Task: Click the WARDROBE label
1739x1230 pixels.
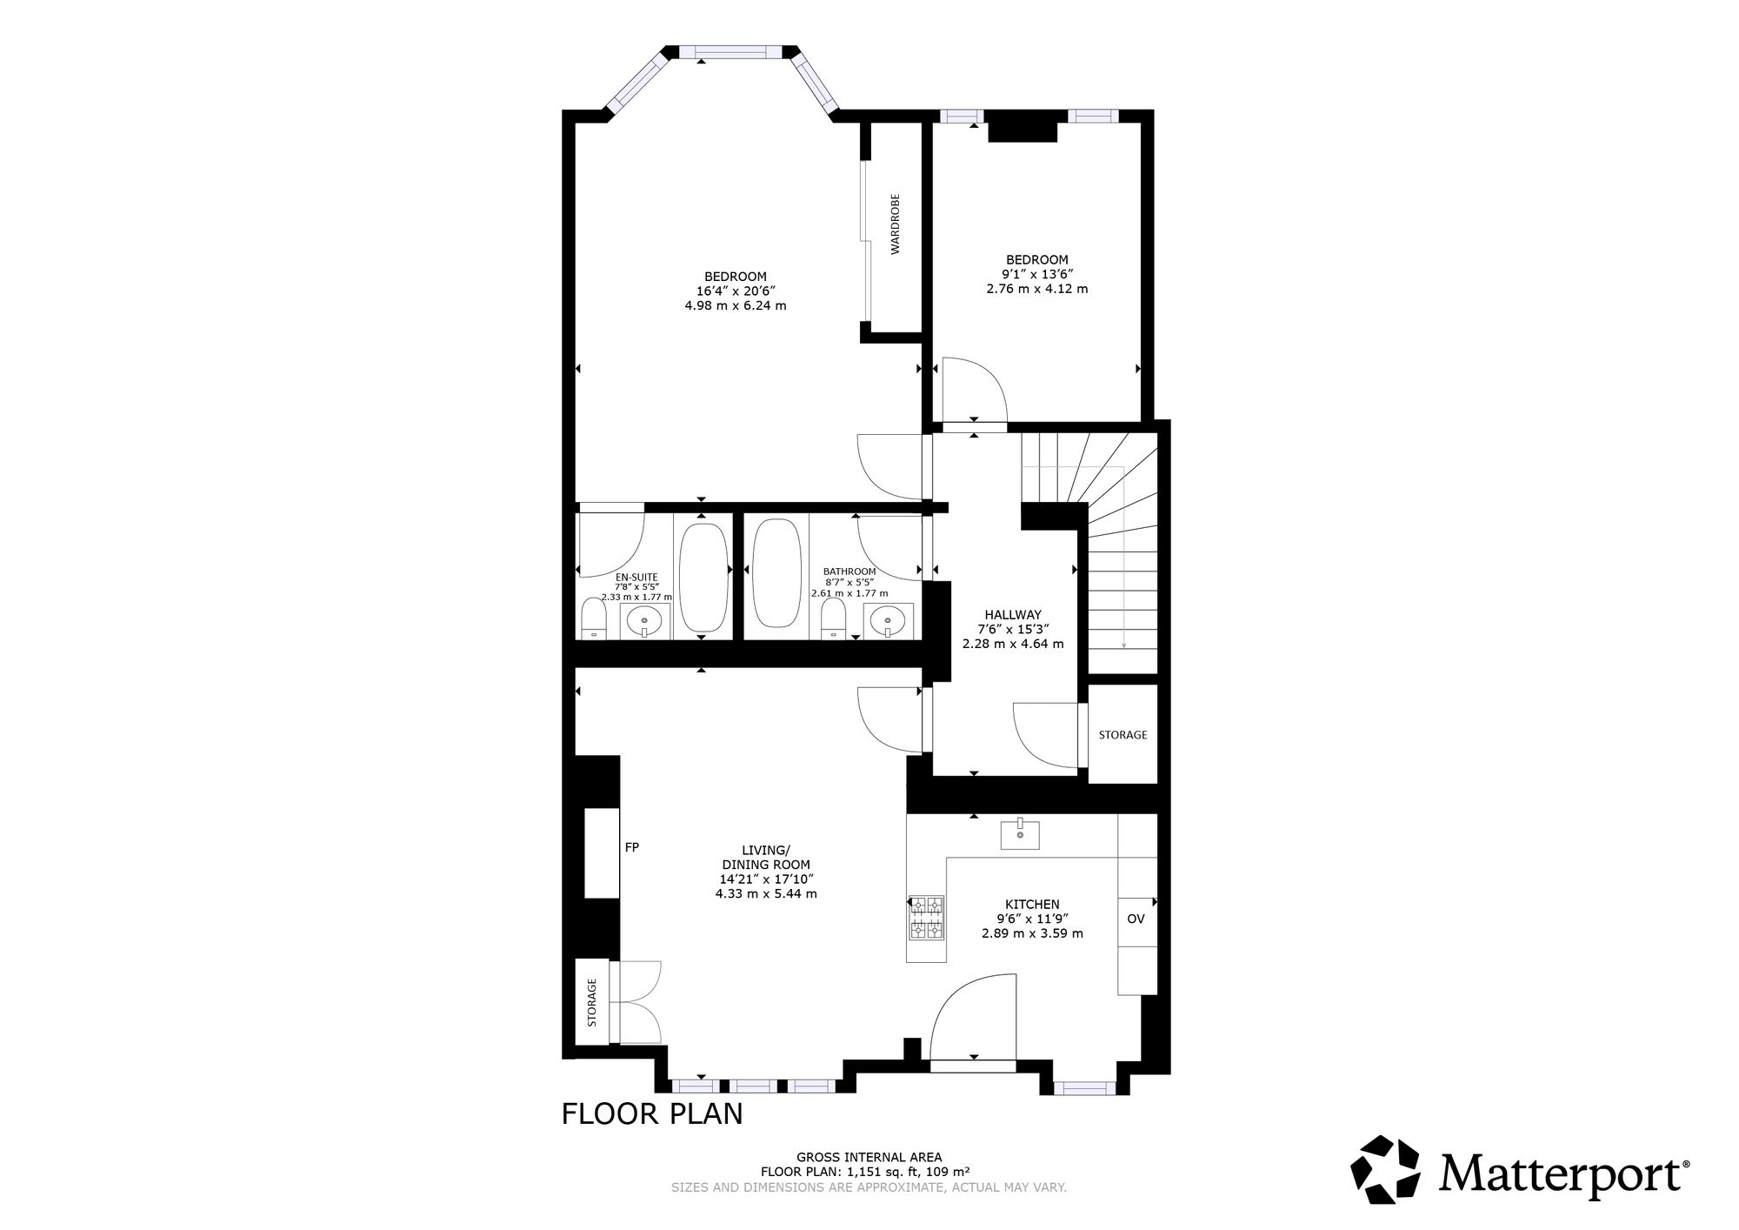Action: [x=896, y=224]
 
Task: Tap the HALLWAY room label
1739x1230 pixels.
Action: [x=1013, y=614]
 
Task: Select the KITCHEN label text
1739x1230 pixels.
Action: [x=1032, y=905]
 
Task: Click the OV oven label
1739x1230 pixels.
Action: [x=1136, y=919]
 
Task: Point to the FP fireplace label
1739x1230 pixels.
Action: [x=632, y=846]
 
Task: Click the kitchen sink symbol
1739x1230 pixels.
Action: [x=1019, y=834]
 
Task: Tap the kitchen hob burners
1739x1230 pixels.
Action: [x=926, y=919]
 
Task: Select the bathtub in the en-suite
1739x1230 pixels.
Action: [x=703, y=577]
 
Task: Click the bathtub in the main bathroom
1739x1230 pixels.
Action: [x=776, y=573]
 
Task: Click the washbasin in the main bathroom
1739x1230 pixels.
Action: [x=887, y=620]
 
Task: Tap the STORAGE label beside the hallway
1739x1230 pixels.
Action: [x=1123, y=735]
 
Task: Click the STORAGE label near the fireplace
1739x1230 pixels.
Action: [x=592, y=1003]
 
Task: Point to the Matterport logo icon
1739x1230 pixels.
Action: [x=1384, y=1170]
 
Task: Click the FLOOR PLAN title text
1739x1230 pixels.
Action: [x=652, y=1114]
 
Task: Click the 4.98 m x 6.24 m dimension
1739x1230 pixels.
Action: [x=736, y=305]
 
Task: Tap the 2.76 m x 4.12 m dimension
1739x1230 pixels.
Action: [x=1036, y=288]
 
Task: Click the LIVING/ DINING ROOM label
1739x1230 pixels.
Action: [x=766, y=857]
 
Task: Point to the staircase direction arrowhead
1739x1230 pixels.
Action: [x=1124, y=645]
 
